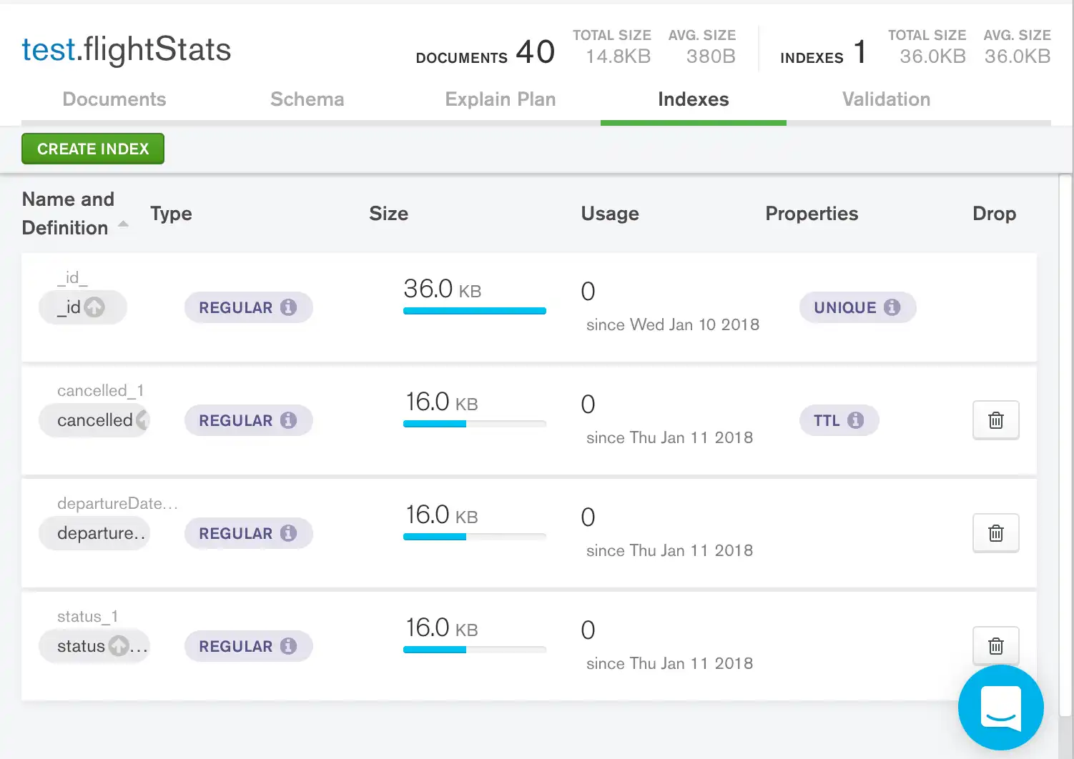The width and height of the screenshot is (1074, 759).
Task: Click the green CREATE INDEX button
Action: point(93,149)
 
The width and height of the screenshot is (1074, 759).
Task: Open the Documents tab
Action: point(114,99)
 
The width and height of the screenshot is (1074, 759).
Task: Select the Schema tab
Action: point(307,99)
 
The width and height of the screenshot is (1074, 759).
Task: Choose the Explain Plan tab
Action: point(500,99)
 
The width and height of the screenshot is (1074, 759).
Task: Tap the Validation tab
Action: point(886,99)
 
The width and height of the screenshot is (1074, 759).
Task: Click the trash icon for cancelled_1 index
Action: point(995,420)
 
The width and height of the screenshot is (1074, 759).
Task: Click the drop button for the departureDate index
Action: point(995,533)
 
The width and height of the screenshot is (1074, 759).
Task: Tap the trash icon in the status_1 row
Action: point(995,646)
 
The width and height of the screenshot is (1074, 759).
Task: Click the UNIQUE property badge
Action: point(857,307)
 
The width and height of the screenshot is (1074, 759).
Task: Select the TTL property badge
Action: point(838,420)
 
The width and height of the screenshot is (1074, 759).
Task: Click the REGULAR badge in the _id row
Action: point(247,307)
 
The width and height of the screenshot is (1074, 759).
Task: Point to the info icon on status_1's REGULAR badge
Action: point(288,646)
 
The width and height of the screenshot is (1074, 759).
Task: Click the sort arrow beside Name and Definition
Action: point(123,224)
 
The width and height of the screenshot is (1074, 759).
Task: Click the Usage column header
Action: point(609,214)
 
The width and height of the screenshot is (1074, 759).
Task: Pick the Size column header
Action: point(388,214)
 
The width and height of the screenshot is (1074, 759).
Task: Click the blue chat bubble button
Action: point(1000,708)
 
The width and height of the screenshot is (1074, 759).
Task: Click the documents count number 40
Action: point(535,51)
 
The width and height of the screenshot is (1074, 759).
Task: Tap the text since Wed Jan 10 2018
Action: point(672,325)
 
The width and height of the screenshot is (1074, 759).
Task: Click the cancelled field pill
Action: point(94,420)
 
